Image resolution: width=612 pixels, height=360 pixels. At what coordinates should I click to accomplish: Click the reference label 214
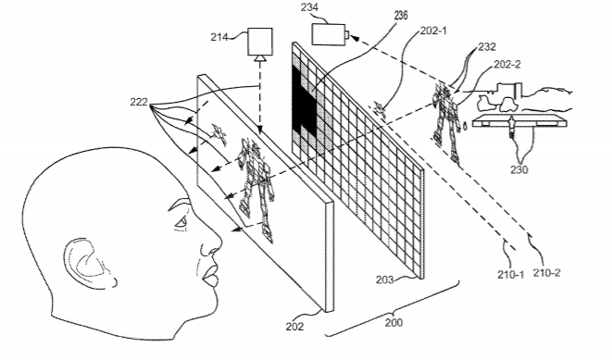click(x=219, y=37)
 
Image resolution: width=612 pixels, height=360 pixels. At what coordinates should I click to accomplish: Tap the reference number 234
click(x=308, y=7)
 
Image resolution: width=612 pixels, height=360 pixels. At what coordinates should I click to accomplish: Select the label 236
click(x=401, y=15)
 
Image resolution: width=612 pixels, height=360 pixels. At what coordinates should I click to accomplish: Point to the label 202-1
click(x=433, y=31)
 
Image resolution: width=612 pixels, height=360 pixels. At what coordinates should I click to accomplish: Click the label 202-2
click(x=507, y=65)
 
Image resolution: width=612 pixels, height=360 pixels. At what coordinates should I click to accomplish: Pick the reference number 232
click(x=487, y=47)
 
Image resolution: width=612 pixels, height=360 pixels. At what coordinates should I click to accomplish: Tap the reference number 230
click(x=519, y=169)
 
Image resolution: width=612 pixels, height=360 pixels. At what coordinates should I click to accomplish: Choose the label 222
click(x=139, y=102)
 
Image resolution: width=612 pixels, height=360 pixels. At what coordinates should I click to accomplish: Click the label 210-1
click(x=510, y=275)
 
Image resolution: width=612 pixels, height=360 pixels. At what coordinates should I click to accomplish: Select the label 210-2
click(x=547, y=273)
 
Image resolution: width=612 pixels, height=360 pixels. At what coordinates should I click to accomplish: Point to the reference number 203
click(x=384, y=279)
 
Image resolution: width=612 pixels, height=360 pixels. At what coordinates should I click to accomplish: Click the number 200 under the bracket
click(x=393, y=323)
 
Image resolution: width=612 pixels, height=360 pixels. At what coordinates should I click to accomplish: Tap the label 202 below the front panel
click(x=294, y=326)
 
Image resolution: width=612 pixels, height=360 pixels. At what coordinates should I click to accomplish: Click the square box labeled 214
click(x=260, y=42)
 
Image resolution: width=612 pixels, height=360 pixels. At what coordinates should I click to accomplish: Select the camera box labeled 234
click(x=329, y=34)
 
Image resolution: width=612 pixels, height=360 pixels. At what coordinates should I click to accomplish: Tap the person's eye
click(x=181, y=223)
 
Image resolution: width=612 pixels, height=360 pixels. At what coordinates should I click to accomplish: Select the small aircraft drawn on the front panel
click(x=219, y=133)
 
